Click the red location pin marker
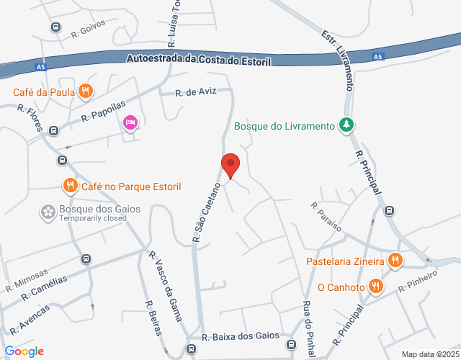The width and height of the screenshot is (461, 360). click(x=230, y=165)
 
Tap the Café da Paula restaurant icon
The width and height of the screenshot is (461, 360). click(x=85, y=91)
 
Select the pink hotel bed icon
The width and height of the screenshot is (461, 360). click(x=130, y=122)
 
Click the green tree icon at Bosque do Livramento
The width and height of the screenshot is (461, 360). click(x=347, y=126)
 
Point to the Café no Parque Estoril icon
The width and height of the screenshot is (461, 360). click(x=70, y=186)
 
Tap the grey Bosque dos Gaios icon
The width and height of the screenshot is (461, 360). click(x=48, y=211)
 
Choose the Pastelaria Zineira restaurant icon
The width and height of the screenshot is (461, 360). click(x=395, y=261)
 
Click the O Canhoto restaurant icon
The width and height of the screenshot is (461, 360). click(x=375, y=287)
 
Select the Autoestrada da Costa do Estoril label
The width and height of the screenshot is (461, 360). click(x=198, y=60)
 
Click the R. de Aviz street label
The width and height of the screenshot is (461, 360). click(x=196, y=93)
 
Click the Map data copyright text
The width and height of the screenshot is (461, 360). click(x=430, y=354)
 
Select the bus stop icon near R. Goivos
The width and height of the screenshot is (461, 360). click(x=55, y=27)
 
